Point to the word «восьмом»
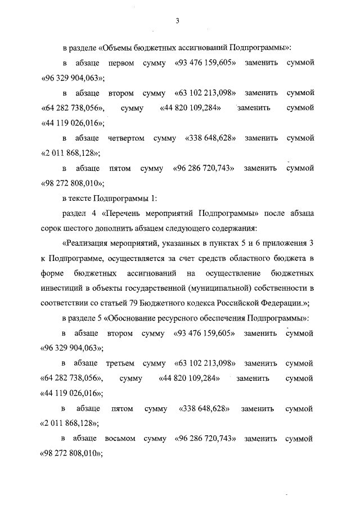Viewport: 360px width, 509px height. pyautogui.click(x=120, y=438)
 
